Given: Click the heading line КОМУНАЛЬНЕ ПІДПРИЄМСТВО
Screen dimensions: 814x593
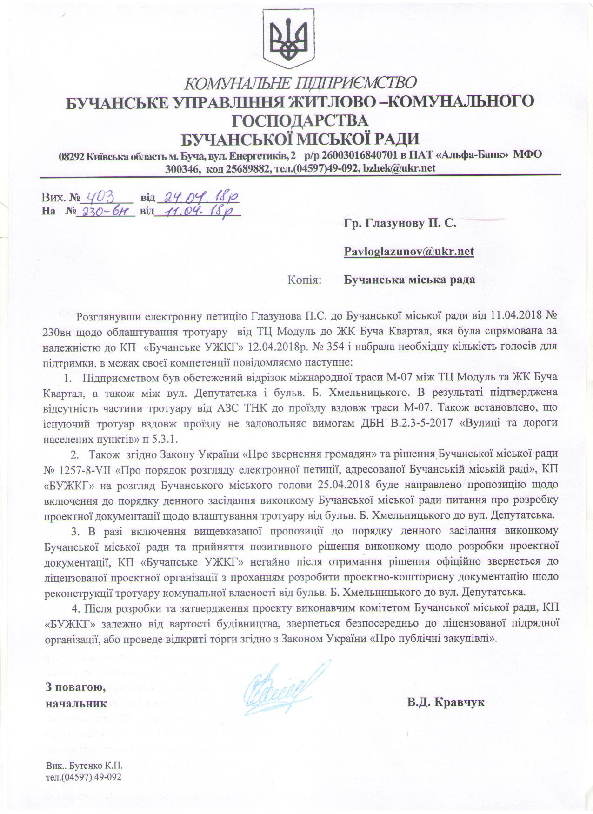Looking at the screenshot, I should tap(300, 83).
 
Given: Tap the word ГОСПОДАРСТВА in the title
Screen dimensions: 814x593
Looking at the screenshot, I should tap(300, 120).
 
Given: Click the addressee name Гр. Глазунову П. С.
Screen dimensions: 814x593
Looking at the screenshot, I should tap(400, 224).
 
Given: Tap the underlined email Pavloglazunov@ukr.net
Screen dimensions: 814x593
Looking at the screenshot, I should tap(409, 252).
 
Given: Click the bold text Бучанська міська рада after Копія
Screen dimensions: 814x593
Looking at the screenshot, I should tap(409, 280).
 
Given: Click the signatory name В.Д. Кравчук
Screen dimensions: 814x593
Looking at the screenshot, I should tap(446, 702).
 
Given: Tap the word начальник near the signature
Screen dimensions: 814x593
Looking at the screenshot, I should tap(76, 703).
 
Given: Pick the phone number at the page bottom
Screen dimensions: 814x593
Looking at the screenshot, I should tap(84, 777).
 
